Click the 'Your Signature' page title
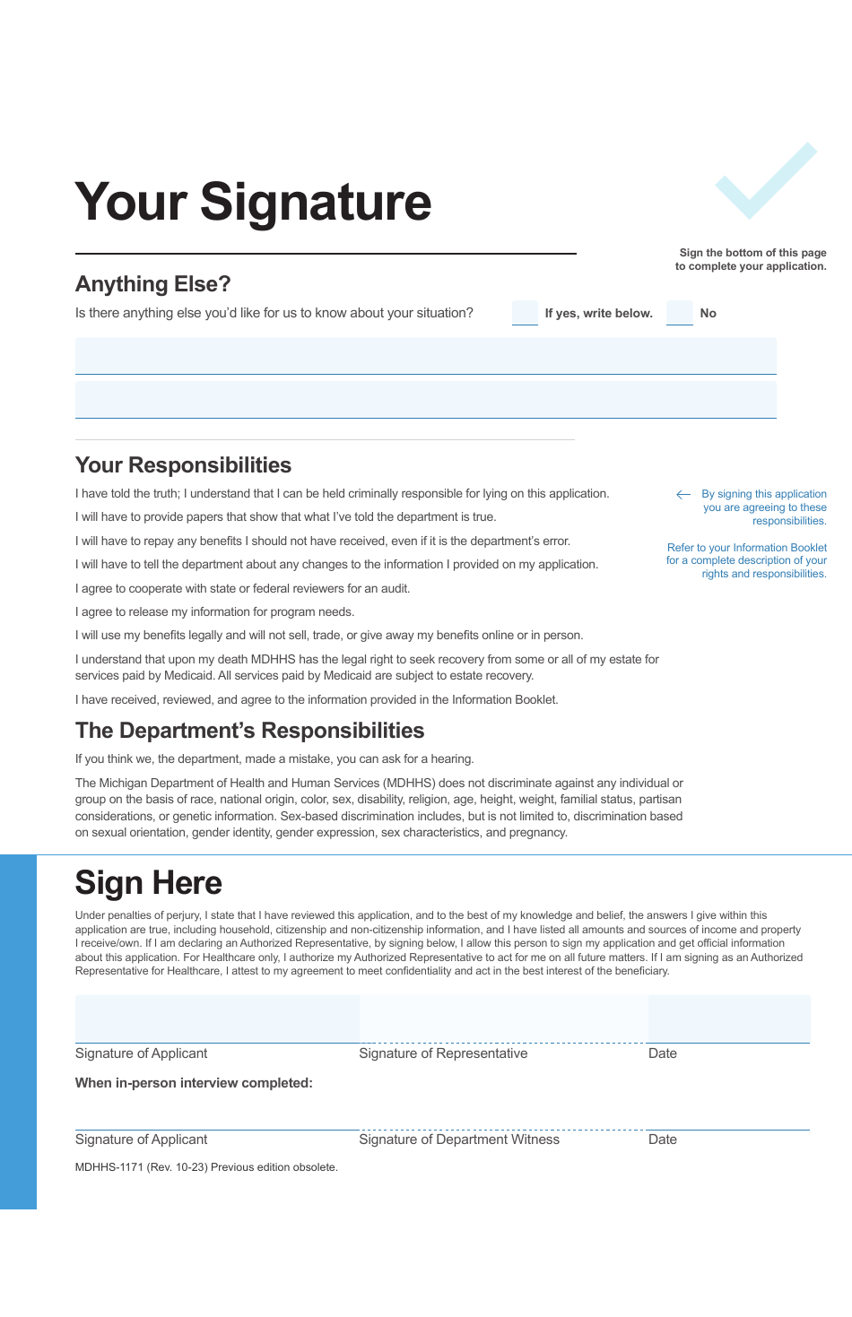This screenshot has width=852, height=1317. tap(253, 202)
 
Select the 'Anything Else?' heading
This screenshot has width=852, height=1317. tap(152, 284)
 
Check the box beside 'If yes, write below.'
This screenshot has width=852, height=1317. tap(525, 313)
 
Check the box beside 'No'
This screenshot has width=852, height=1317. tap(679, 313)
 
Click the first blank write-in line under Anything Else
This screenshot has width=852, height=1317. tap(425, 356)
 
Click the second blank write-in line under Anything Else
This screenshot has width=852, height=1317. tap(425, 400)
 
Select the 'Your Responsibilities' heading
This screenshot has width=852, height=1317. tap(183, 465)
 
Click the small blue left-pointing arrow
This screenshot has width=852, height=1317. tap(683, 494)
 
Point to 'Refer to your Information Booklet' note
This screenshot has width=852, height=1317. tap(746, 560)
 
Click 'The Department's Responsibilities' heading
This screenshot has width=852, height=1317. tap(249, 731)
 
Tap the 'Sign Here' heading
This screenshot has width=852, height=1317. tap(148, 883)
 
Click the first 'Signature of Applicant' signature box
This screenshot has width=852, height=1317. tap(216, 1018)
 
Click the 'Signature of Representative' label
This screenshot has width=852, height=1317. tap(443, 1053)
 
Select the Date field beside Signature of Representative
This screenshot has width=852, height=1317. tap(728, 1018)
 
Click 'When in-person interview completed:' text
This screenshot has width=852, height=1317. tap(194, 1083)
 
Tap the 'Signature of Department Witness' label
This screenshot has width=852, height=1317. tap(458, 1139)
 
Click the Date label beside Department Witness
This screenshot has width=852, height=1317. tap(662, 1139)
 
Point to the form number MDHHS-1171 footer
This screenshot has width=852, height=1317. tap(206, 1167)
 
